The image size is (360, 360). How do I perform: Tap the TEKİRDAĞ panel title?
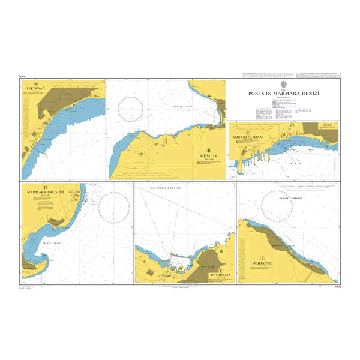pos(36,89)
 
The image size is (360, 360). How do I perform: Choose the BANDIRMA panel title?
pos(219,275)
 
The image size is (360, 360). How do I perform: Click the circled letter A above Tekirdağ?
pos(36,83)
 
